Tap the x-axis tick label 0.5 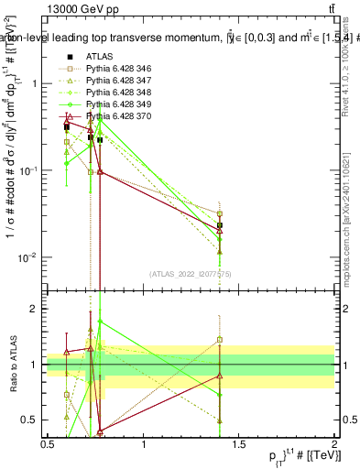coord(48,443)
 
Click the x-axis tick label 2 coord(333,443)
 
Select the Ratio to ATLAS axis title coord(13,365)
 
